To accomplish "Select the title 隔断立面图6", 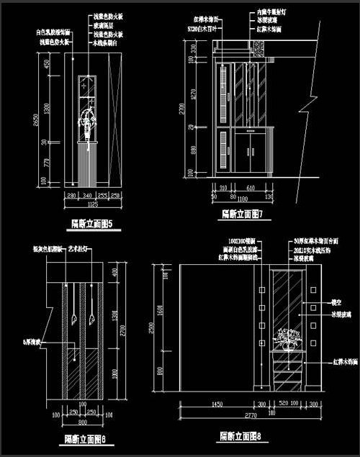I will (x=85, y=438).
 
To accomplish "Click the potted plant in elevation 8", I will (x=291, y=338).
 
